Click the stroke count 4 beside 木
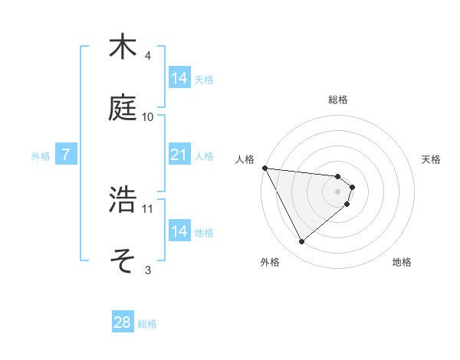point(148,56)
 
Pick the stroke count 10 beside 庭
point(148,116)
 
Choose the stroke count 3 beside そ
point(148,270)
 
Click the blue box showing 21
point(179,155)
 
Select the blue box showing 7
point(66,155)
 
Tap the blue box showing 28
point(123,323)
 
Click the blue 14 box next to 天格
point(179,78)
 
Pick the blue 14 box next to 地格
point(179,231)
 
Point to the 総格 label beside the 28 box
point(147,324)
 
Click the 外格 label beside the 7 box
point(41,156)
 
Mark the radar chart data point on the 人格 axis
point(264,168)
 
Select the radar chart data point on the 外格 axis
point(301,242)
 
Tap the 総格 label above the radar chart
point(338,100)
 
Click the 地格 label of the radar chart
point(402,262)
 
